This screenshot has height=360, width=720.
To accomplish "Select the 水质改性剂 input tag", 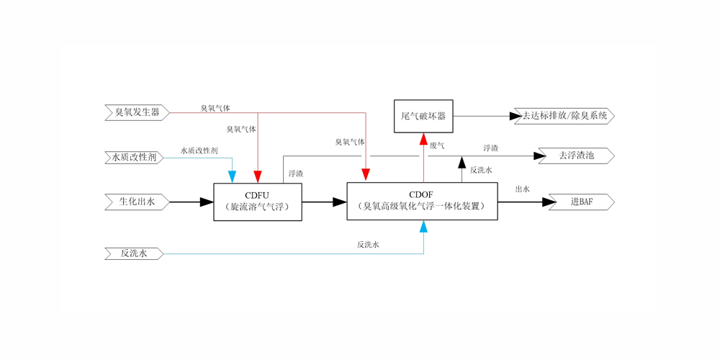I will [x=135, y=157].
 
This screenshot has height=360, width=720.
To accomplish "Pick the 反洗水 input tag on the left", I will [x=134, y=253].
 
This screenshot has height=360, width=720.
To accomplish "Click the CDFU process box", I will [x=258, y=202].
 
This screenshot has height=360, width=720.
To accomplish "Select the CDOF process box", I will [x=422, y=201].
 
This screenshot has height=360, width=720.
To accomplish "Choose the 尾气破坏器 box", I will [x=423, y=116].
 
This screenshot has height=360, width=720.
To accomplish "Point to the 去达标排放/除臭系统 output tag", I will [x=564, y=115].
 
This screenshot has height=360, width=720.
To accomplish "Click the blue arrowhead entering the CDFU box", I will [x=232, y=176].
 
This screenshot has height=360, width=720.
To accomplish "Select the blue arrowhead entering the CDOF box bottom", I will [x=423, y=227].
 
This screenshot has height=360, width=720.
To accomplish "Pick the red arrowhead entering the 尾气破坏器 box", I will [x=423, y=140].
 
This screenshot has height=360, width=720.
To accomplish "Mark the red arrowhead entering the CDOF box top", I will [x=366, y=175].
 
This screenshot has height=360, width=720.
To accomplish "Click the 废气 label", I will [x=437, y=146].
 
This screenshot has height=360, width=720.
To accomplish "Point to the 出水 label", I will [x=523, y=189].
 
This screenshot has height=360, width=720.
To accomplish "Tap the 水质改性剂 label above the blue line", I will [x=199, y=151].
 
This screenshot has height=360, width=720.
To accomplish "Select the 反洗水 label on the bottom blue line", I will [x=368, y=245].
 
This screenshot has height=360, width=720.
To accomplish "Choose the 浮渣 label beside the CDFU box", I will [x=295, y=174].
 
